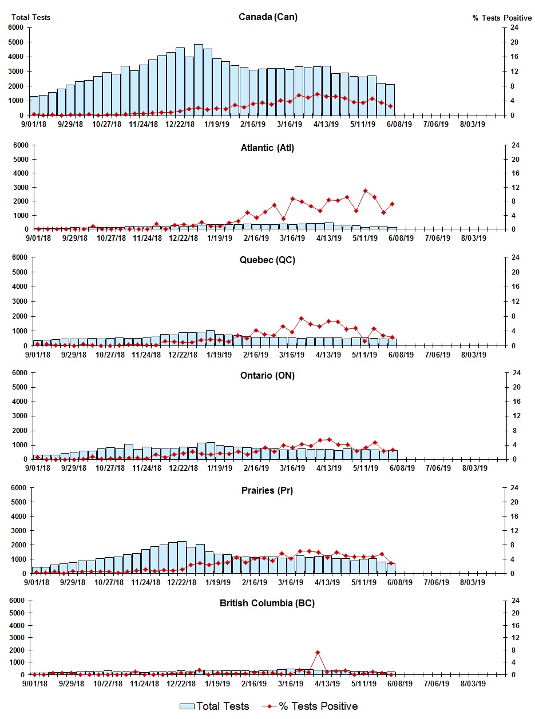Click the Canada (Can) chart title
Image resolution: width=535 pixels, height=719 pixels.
pos(268,17)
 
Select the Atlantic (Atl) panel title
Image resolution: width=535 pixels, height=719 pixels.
pos(267,148)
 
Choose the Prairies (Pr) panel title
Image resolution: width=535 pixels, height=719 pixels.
pos(268,490)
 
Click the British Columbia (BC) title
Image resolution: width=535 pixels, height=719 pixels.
pos(268,603)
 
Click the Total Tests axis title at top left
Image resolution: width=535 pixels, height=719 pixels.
pos(31,17)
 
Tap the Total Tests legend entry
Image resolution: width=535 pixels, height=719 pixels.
pos(215,706)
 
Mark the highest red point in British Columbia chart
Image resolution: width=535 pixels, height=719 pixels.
pos(318,652)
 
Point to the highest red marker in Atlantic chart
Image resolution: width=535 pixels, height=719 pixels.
pos(365,190)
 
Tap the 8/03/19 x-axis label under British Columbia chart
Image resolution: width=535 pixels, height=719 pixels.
pos(473,684)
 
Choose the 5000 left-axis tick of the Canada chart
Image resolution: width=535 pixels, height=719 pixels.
pos(16,42)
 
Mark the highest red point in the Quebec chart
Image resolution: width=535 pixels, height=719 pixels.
pos(301,318)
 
